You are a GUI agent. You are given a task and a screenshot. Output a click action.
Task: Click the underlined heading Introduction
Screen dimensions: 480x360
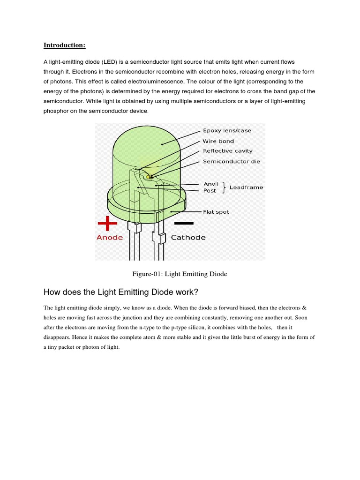click(x=64, y=45)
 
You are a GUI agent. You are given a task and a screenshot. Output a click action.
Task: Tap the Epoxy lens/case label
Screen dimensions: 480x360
click(x=227, y=131)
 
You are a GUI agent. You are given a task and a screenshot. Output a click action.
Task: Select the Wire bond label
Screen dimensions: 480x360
click(x=218, y=141)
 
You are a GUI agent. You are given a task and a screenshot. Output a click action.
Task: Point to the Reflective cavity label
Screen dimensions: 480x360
click(x=227, y=151)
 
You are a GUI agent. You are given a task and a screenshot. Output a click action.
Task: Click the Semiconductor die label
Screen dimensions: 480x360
click(x=231, y=161)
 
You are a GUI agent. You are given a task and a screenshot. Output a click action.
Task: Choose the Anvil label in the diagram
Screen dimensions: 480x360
click(x=210, y=184)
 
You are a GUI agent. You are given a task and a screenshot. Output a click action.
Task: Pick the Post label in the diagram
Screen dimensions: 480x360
click(x=210, y=191)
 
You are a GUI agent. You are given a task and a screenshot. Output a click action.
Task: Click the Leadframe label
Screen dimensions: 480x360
click(x=246, y=187)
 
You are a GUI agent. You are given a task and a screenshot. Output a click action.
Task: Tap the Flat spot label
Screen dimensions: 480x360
click(x=216, y=212)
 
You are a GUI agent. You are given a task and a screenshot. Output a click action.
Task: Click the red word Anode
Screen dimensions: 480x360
click(x=110, y=238)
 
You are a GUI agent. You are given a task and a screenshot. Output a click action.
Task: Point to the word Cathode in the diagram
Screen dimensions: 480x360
click(x=188, y=238)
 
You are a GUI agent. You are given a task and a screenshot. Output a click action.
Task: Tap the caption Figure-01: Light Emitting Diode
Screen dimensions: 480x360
click(x=180, y=274)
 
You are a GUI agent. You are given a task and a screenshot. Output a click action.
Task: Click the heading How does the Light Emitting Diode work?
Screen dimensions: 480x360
click(x=121, y=292)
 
